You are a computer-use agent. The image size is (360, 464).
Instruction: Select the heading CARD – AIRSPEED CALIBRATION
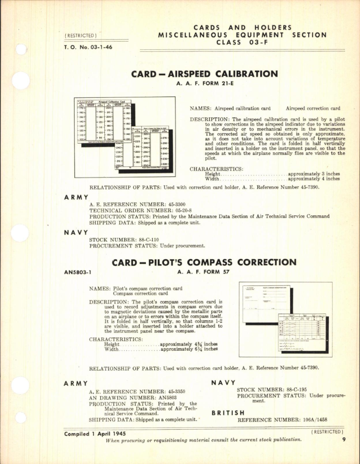click(x=204, y=74)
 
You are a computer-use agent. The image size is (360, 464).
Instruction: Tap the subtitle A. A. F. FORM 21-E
click(x=204, y=83)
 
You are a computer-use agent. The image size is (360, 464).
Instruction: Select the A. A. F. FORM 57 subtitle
click(x=204, y=272)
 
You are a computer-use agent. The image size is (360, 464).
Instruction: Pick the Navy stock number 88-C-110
click(x=142, y=239)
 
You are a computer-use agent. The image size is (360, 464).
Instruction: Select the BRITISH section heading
click(x=228, y=413)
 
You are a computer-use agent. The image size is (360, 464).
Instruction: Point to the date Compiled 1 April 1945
click(x=96, y=433)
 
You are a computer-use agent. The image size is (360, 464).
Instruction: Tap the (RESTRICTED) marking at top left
click(x=81, y=35)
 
